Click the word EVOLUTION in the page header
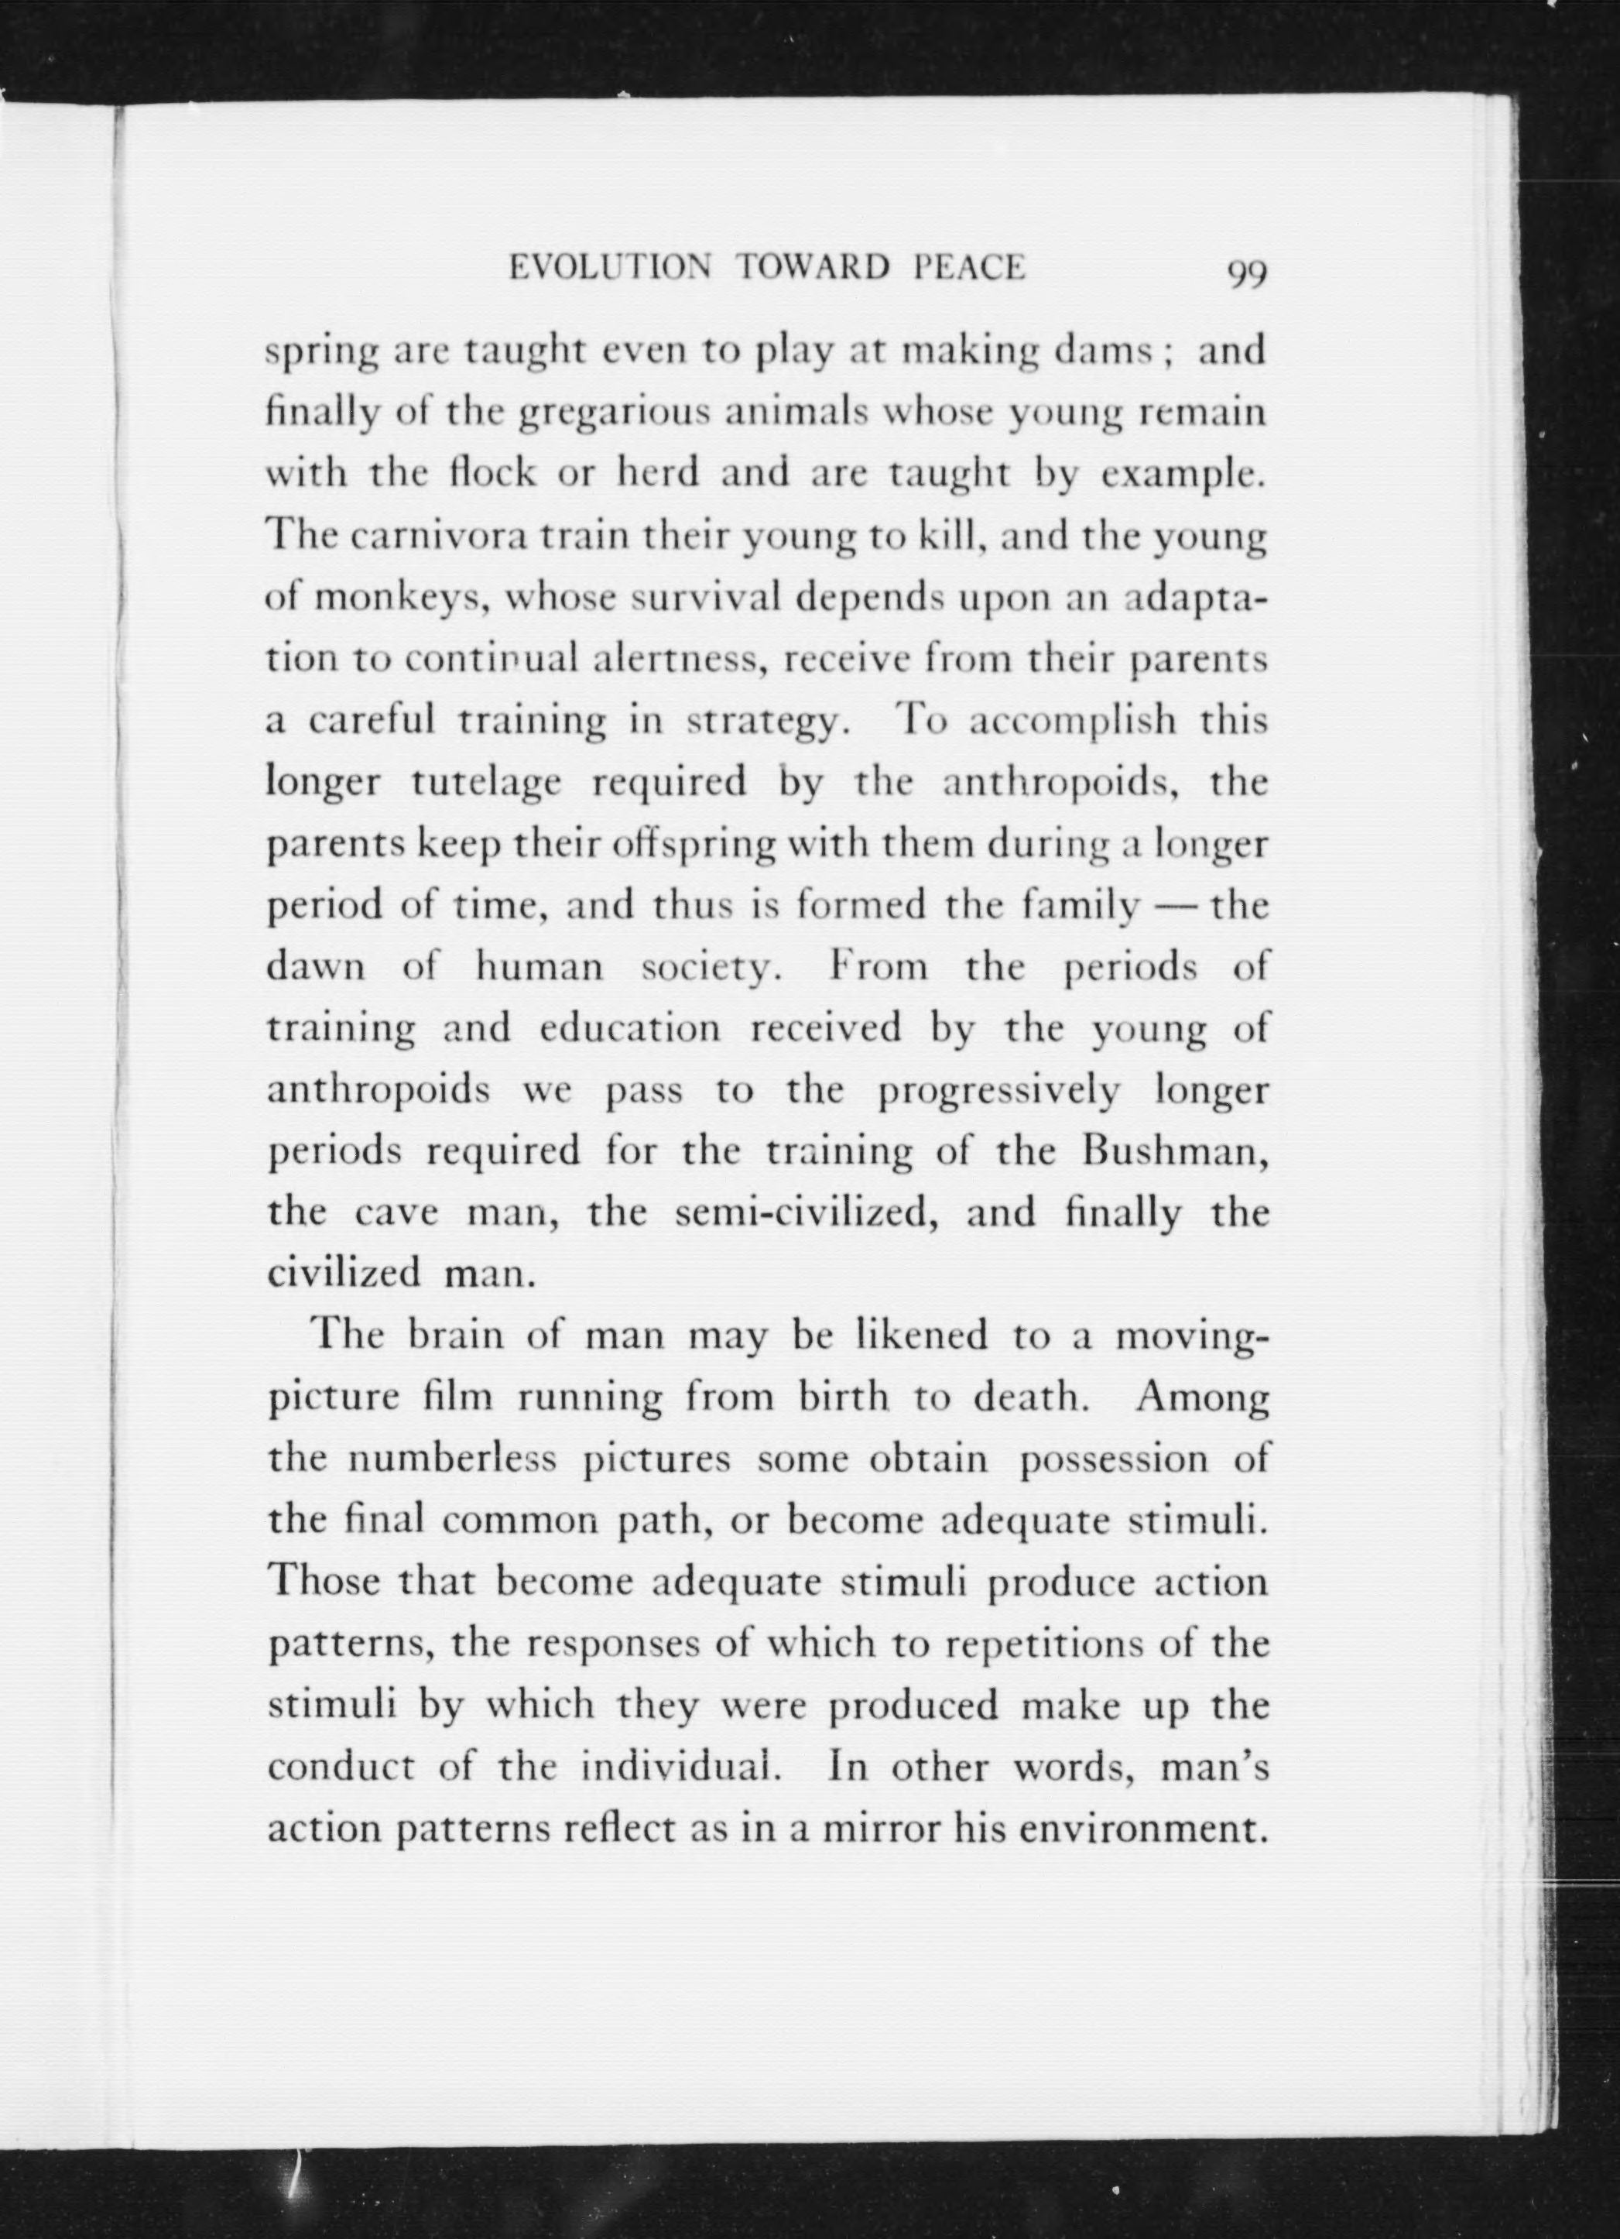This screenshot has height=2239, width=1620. pyautogui.click(x=608, y=268)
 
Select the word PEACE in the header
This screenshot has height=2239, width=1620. pyautogui.click(x=968, y=268)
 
